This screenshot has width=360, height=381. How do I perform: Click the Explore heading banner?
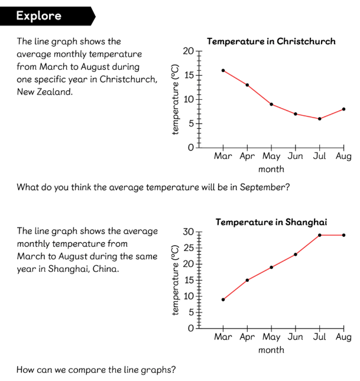pyautogui.click(x=41, y=16)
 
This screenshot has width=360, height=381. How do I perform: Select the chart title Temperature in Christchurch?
pyautogui.click(x=271, y=41)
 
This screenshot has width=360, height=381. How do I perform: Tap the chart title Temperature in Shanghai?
pyautogui.click(x=271, y=222)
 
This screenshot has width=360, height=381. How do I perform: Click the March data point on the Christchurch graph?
pyautogui.click(x=223, y=70)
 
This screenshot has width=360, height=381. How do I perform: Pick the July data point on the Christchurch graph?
pyautogui.click(x=319, y=119)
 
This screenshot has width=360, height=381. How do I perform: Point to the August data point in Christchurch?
pyautogui.click(x=343, y=109)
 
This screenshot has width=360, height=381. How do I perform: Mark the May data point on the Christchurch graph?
pyautogui.click(x=271, y=104)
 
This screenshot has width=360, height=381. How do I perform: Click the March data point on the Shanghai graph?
pyautogui.click(x=223, y=299)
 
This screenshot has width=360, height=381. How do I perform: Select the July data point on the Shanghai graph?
pyautogui.click(x=319, y=235)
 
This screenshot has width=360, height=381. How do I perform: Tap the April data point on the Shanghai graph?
pyautogui.click(x=247, y=280)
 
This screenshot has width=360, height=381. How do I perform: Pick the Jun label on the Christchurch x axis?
pyautogui.click(x=295, y=157)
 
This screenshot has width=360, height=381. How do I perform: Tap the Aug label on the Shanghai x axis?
pyautogui.click(x=343, y=337)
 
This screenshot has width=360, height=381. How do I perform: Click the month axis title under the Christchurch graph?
pyautogui.click(x=271, y=169)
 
